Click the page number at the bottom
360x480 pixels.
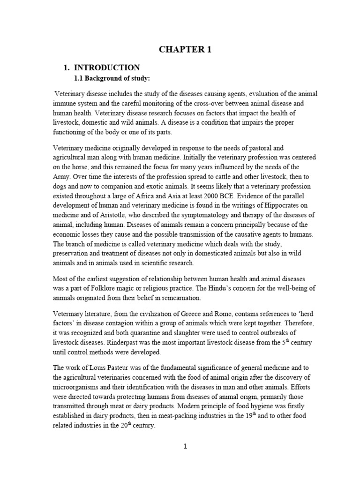pos(185,447)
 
